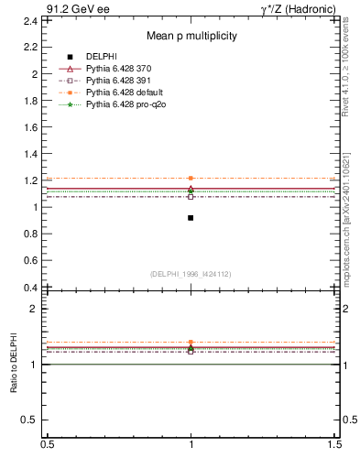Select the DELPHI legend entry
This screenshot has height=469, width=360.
[x=103, y=58]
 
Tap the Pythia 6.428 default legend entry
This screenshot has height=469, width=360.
[x=123, y=93]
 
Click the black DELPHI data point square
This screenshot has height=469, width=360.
[x=191, y=218]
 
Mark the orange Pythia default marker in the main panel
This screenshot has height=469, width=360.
[x=191, y=178]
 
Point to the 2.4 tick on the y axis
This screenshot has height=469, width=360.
[x=32, y=20]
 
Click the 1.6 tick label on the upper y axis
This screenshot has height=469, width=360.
[x=32, y=126]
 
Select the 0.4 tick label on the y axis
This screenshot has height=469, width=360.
[x=32, y=288]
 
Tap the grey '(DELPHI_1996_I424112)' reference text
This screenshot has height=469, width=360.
[x=191, y=274]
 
